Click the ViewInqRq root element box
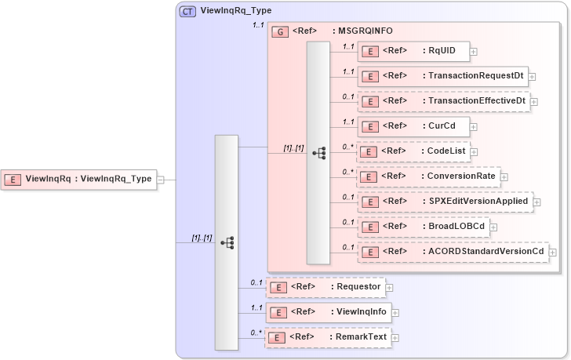[78, 179]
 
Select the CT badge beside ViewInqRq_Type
[188, 12]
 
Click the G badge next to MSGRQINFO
[279, 31]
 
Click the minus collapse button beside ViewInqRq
[160, 180]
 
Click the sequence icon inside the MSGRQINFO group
[318, 153]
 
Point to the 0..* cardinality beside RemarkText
[256, 333]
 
